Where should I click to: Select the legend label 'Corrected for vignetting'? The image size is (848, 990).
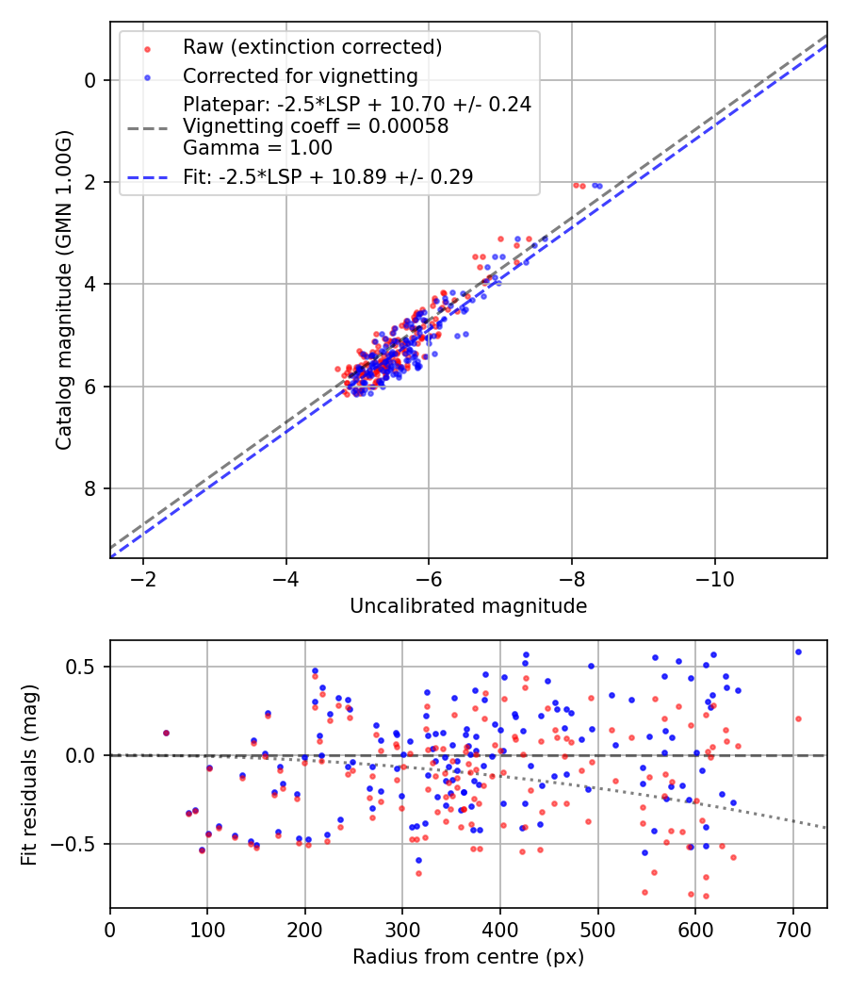300,75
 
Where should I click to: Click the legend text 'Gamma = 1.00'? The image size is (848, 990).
257,147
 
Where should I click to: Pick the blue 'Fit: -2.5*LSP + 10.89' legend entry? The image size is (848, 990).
328,176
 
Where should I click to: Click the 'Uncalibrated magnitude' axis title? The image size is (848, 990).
468,606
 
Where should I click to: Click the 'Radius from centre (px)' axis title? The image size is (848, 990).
468,957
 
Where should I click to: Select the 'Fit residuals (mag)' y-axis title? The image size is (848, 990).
28,774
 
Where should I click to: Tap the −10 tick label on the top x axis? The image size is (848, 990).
715,577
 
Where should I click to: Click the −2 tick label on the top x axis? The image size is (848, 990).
143,577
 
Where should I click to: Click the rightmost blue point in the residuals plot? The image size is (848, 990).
798,652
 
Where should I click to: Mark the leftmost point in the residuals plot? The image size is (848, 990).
166,733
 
